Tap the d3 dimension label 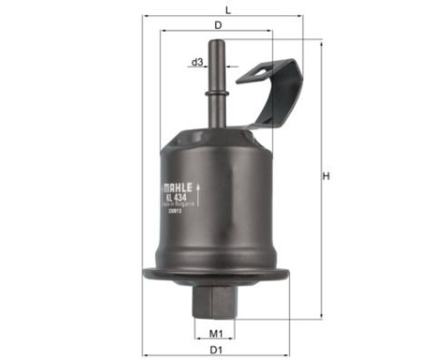click(197, 62)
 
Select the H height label click(325, 176)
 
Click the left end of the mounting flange click(146, 276)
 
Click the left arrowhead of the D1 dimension click(146, 342)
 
